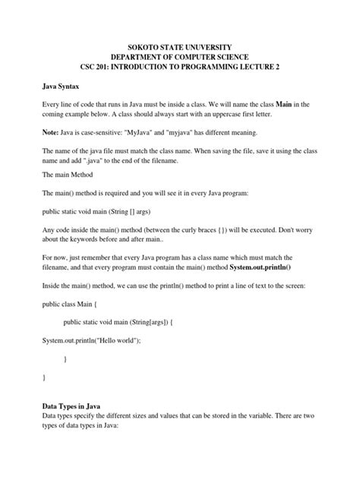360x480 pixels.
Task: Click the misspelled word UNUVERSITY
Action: (x=213, y=48)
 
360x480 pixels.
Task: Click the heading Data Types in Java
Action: (x=78, y=406)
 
